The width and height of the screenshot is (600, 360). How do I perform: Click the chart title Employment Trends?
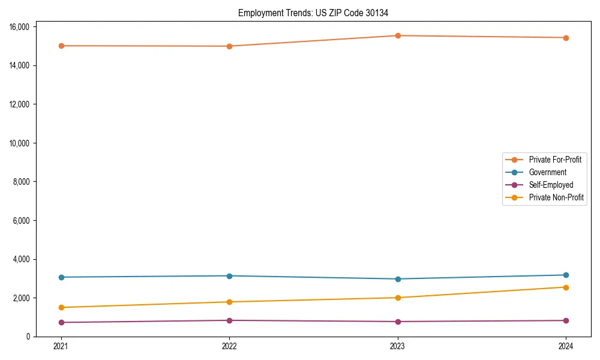pyautogui.click(x=317, y=13)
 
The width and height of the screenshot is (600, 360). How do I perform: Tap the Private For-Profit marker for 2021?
pyautogui.click(x=61, y=46)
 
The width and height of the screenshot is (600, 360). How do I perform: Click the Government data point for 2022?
pyautogui.click(x=229, y=276)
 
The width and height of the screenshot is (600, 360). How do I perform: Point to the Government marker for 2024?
pyautogui.click(x=566, y=275)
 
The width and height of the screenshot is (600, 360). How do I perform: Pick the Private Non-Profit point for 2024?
pyautogui.click(x=566, y=287)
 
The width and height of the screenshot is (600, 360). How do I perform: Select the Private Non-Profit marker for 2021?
pyautogui.click(x=61, y=307)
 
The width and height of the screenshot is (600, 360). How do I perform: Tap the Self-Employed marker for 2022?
pyautogui.click(x=229, y=320)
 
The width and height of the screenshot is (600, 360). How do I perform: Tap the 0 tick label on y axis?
pyautogui.click(x=29, y=337)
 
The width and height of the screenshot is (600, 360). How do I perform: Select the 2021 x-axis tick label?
pyautogui.click(x=61, y=346)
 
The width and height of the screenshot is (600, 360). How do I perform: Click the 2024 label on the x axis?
pyautogui.click(x=566, y=346)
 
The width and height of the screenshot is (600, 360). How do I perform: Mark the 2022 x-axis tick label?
pyautogui.click(x=229, y=346)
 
